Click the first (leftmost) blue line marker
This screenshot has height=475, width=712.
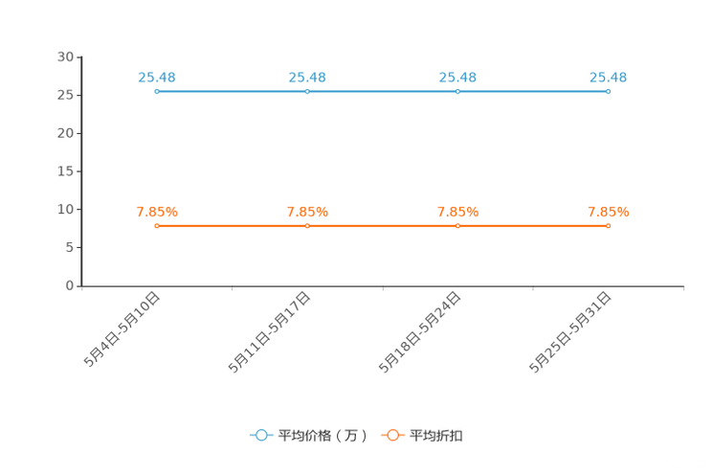click(156, 91)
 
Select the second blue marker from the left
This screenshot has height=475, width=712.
click(306, 91)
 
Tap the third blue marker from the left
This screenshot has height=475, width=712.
click(457, 91)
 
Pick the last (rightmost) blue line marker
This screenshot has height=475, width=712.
click(608, 91)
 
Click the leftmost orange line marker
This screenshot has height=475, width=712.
click(156, 225)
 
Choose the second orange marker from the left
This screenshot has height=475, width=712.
click(306, 225)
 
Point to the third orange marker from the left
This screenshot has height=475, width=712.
click(457, 225)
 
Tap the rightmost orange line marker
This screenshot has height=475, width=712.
click(608, 225)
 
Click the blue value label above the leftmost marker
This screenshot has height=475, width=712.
click(156, 77)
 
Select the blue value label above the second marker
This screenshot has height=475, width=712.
click(306, 77)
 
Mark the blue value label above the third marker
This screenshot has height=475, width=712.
click(457, 77)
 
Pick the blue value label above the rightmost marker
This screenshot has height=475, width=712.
click(608, 77)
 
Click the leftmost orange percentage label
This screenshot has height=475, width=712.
click(156, 212)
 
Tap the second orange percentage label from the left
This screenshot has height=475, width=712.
click(307, 212)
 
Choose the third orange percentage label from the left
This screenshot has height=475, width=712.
click(457, 212)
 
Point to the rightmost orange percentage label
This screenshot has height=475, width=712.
click(608, 212)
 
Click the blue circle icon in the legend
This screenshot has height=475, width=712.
click(261, 435)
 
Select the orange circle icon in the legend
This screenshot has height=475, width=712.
click(392, 435)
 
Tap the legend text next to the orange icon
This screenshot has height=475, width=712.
click(436, 436)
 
